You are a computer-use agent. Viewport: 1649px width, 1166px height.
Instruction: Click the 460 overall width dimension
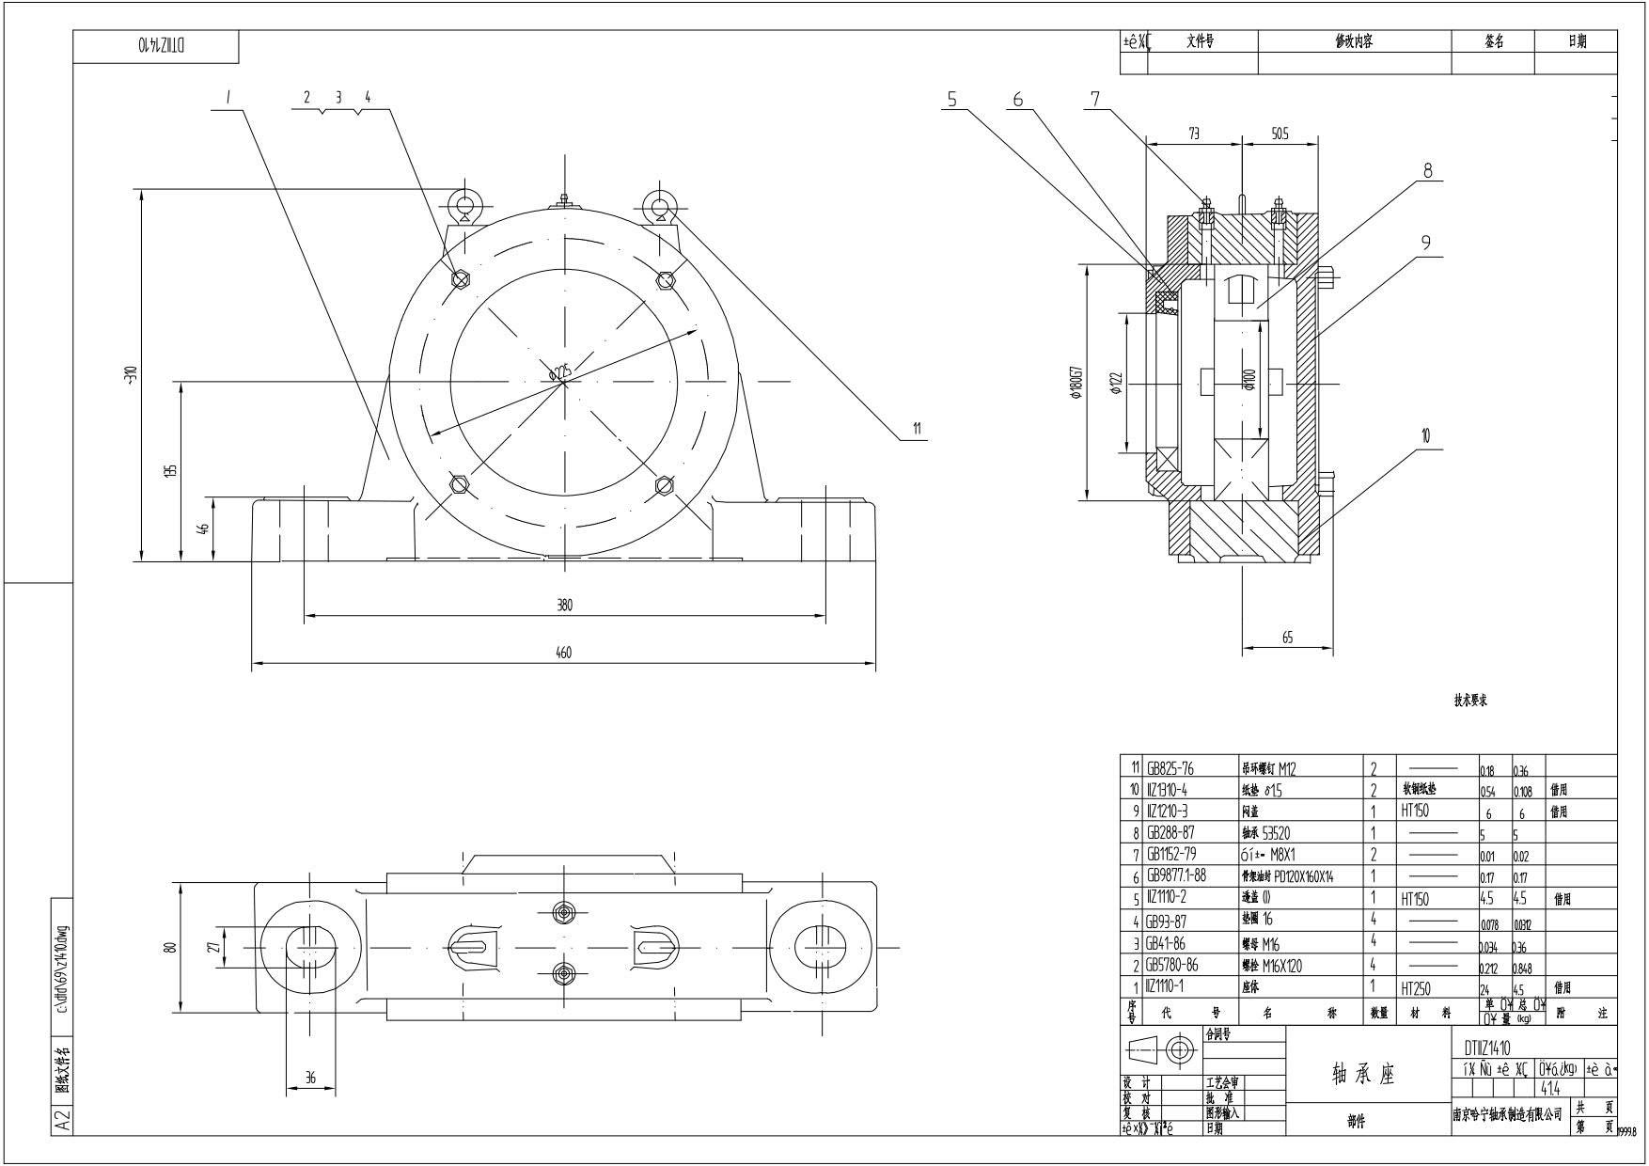point(564,652)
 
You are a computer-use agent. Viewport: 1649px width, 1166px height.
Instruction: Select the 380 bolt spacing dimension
point(564,606)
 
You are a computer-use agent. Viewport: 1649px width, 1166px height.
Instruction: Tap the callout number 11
point(917,430)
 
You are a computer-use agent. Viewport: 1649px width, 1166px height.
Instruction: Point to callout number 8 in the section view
point(1428,170)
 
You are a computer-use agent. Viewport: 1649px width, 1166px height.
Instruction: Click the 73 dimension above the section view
point(1194,134)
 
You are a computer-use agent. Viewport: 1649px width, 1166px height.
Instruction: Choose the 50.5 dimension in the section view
point(1280,134)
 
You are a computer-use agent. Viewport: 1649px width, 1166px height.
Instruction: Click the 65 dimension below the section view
point(1287,638)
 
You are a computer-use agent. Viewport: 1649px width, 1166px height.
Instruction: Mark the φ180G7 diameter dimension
point(1076,384)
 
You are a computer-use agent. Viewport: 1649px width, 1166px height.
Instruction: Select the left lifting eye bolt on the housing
point(465,206)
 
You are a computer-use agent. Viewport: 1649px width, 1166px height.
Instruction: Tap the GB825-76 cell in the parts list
point(1170,768)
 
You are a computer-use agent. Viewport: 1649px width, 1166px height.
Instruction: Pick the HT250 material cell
point(1415,988)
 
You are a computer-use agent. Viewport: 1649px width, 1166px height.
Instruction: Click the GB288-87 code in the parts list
point(1170,833)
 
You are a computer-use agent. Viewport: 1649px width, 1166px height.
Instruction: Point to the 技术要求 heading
point(1470,701)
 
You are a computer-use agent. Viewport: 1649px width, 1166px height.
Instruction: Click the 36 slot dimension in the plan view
point(310,1079)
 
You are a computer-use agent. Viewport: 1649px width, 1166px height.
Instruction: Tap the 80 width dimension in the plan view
point(170,947)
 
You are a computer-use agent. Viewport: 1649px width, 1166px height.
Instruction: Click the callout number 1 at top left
point(228,97)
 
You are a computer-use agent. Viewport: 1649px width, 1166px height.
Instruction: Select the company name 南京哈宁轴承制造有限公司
point(1507,1115)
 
